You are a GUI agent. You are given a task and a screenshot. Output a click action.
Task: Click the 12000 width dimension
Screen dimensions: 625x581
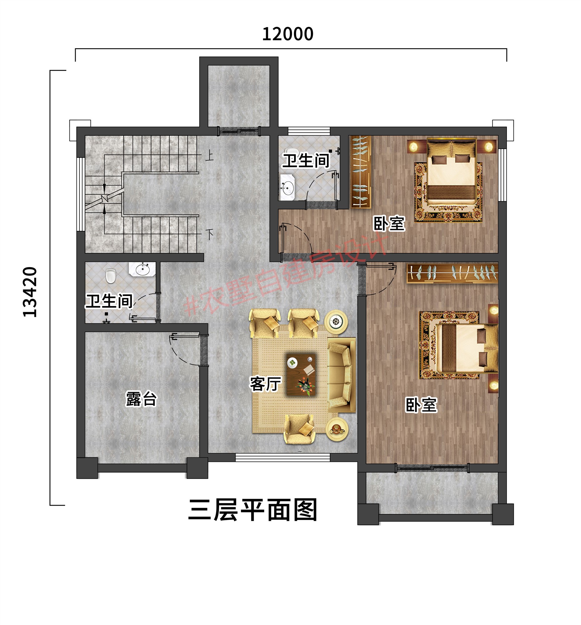point(288,34)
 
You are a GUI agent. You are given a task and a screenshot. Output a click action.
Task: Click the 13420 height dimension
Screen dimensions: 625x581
point(30,292)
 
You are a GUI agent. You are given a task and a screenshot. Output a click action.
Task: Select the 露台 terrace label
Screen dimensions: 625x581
point(141,399)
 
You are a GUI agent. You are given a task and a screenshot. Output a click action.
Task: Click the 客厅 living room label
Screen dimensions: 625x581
point(265,383)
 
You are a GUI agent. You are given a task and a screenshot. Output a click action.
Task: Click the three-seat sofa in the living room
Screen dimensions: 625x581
point(341,374)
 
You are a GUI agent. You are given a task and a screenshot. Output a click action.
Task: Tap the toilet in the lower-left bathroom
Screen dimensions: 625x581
point(111,276)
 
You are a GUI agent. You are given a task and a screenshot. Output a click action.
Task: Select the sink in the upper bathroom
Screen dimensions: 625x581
point(288,187)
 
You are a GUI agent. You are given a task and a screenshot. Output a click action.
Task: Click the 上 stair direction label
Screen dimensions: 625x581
point(209,156)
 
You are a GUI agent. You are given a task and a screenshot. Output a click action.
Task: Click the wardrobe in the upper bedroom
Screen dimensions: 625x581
point(361,172)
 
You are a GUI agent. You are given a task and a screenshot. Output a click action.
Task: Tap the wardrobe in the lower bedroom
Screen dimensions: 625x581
point(452,272)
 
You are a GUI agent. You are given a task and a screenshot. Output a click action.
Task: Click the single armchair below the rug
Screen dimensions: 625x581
point(299,429)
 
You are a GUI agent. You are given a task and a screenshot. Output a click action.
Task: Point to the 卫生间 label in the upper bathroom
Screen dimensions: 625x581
point(306,161)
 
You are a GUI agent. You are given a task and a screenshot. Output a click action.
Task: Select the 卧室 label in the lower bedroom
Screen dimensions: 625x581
point(421,405)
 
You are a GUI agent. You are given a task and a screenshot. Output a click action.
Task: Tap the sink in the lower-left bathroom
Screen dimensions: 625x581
point(142,269)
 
